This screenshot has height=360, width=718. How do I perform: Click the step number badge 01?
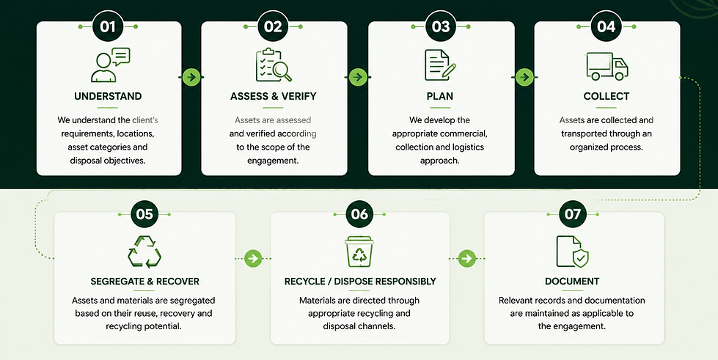pos(108,26)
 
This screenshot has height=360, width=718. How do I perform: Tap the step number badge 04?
pos(607,26)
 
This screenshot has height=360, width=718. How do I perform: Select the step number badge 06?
pos(359,214)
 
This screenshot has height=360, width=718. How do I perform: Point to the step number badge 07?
pos(572,214)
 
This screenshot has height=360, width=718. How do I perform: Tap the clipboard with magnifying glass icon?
pos(274,65)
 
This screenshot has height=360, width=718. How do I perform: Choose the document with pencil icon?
pos(440,65)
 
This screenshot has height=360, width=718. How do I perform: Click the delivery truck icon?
pos(607,67)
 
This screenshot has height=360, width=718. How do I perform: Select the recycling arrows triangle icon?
pos(144,252)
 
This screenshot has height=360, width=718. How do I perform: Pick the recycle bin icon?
pos(359,251)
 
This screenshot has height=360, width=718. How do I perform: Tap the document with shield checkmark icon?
pos(572,251)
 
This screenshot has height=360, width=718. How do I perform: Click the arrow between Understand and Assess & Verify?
pos(191,77)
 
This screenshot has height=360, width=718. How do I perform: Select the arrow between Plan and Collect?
pos(525,77)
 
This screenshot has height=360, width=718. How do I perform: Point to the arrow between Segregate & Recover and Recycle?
pos(253,258)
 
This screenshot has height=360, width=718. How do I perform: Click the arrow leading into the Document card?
pos(466,258)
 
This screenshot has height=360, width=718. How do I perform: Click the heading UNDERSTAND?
pos(108,96)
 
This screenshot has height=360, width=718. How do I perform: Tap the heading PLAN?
pos(439,96)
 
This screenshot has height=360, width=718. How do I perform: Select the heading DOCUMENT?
pos(572,282)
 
